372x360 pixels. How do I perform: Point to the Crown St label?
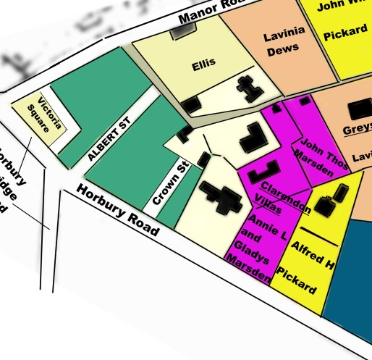(169, 185)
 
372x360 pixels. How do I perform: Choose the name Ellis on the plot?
(204, 64)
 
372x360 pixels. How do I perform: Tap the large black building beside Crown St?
(221, 196)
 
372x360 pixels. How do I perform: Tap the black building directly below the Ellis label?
(191, 105)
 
